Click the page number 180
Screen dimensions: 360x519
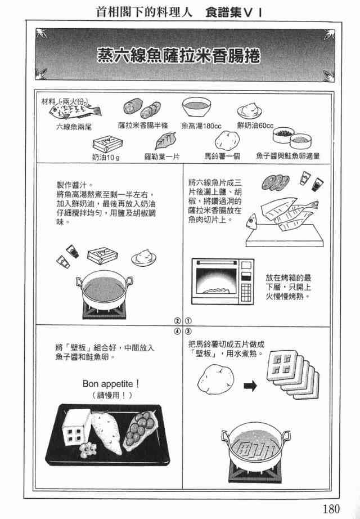point(331,508)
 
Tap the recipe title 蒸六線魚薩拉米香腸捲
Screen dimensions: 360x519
point(179,55)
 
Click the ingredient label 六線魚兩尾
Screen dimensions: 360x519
point(74,127)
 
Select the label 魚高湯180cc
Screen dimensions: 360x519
point(201,126)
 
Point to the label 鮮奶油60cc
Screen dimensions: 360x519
point(255,126)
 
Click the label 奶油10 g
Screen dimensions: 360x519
point(106,157)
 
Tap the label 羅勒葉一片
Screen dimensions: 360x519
point(161,156)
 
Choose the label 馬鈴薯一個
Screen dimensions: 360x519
point(222,156)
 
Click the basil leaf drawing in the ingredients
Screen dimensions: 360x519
point(165,141)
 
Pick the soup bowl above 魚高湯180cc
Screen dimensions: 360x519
point(196,106)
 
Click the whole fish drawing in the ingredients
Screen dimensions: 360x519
point(75,110)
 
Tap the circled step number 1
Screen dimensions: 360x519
point(188,321)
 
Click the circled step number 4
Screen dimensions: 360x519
point(178,331)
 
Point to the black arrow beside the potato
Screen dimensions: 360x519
point(250,386)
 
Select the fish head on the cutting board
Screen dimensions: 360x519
point(251,221)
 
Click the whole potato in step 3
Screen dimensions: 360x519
point(216,379)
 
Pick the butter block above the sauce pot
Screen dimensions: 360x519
point(102,255)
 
